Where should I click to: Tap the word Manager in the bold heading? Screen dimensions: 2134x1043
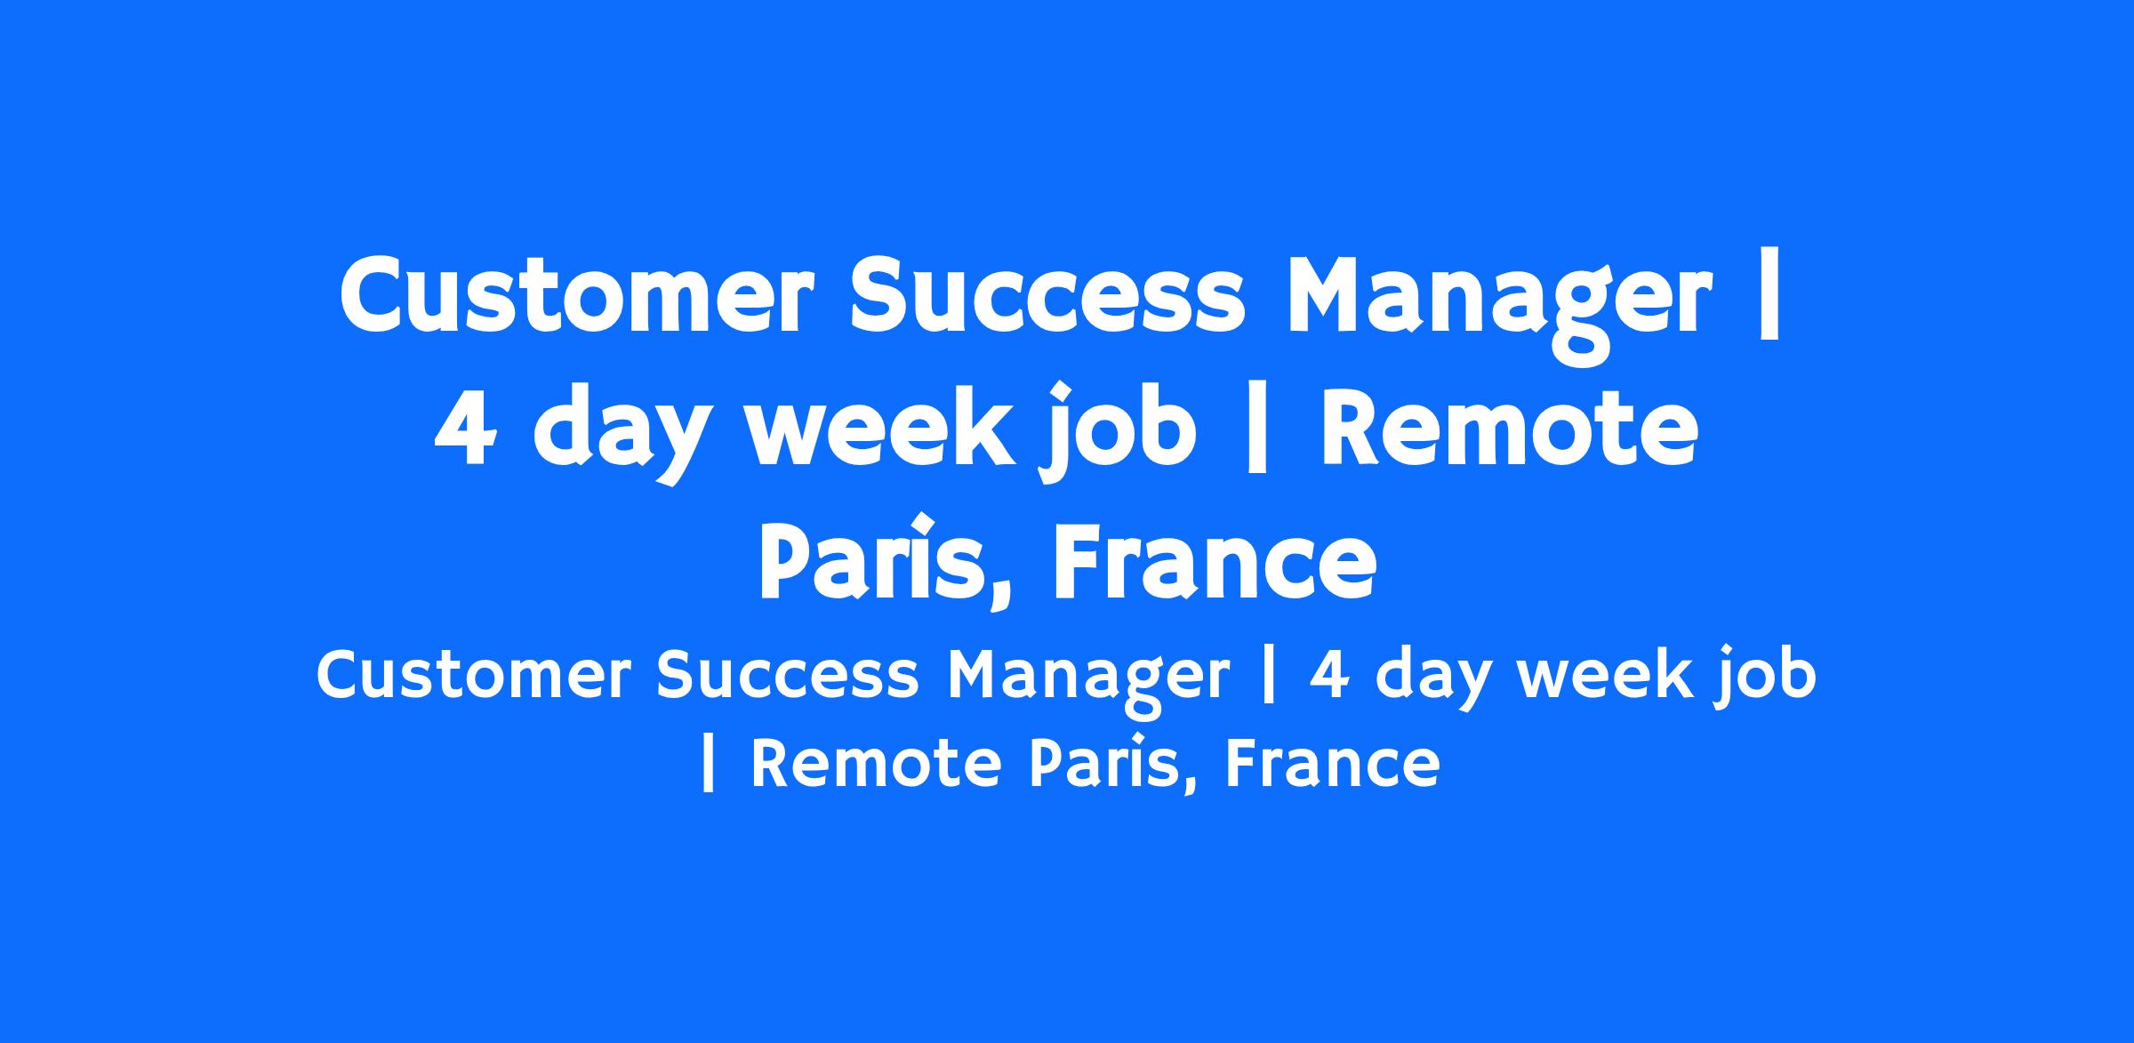click(1498, 302)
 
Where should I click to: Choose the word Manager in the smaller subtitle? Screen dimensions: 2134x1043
click(1088, 680)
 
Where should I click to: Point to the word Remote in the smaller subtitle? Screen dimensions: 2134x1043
click(877, 765)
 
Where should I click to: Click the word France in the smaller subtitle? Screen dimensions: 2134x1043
click(1333, 765)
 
